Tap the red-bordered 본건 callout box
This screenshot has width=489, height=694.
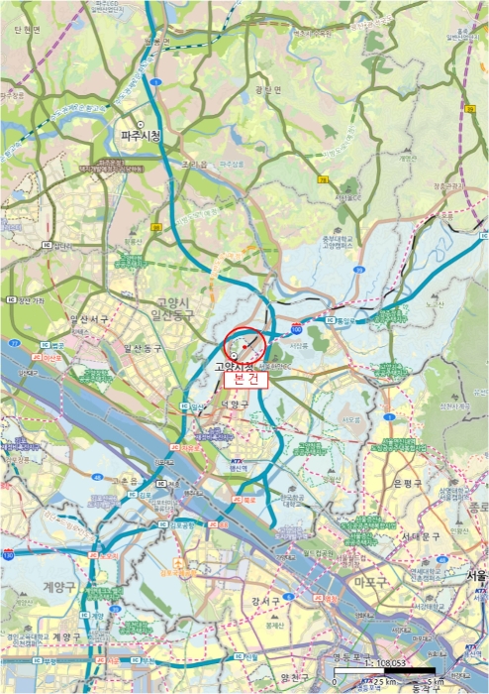(244, 379)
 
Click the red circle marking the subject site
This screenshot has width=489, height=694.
(244, 347)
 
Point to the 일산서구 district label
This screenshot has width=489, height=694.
(77, 320)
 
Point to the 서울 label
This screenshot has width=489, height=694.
(478, 575)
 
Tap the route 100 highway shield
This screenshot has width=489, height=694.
(296, 327)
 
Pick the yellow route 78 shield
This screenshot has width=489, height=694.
(323, 179)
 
